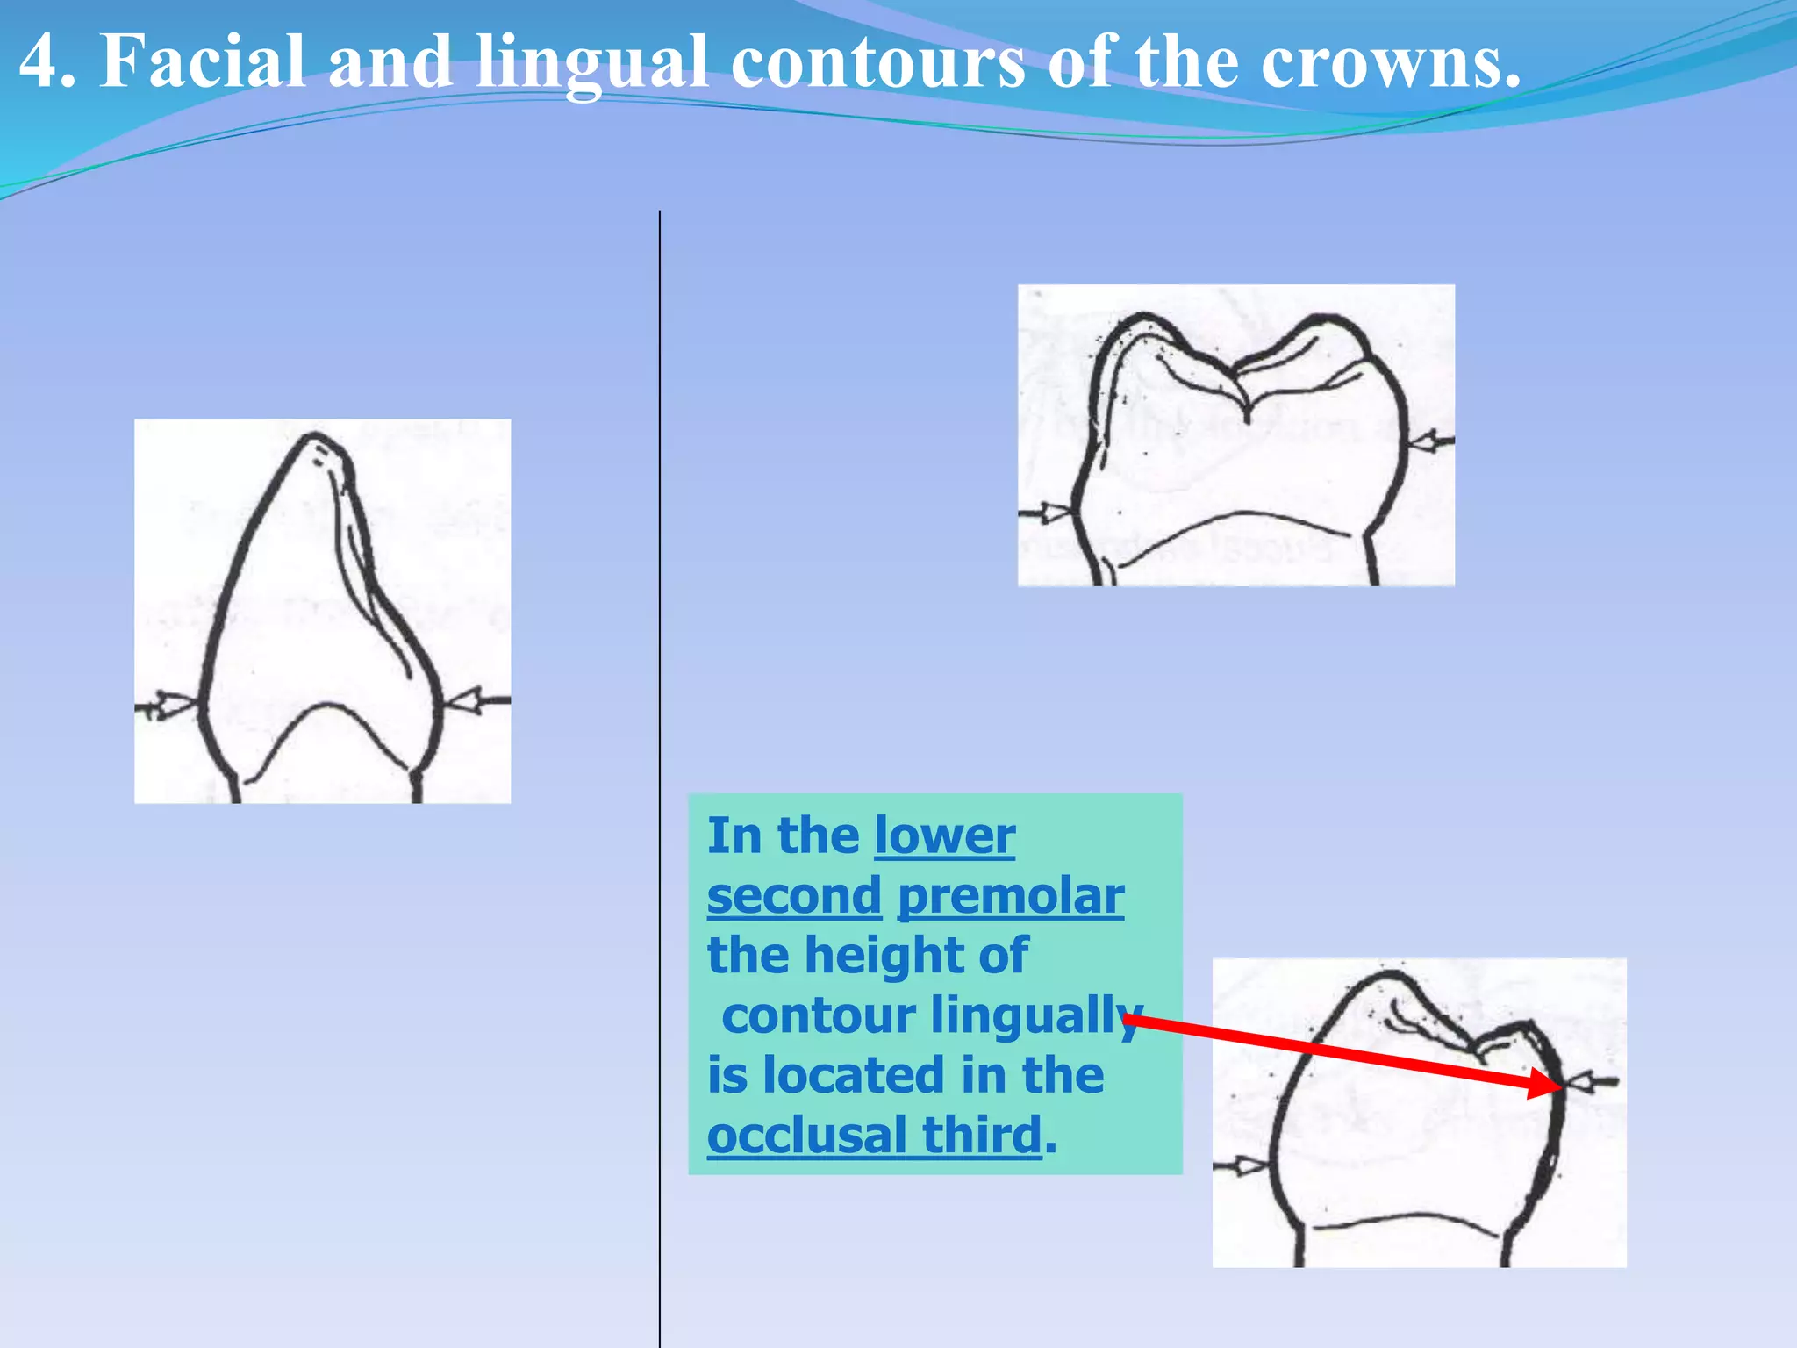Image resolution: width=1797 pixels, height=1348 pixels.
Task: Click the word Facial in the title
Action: [x=203, y=61]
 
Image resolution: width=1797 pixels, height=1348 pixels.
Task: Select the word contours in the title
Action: [x=877, y=61]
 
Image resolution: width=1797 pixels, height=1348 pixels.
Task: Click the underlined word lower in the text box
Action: [x=945, y=835]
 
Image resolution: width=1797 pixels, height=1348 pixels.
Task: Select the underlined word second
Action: [x=794, y=896]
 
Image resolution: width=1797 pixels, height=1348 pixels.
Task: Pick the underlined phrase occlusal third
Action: [x=875, y=1136]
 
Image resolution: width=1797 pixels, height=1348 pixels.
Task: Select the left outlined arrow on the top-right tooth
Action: [x=1048, y=513]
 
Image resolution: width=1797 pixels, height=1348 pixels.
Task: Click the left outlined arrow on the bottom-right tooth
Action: [x=1247, y=1166]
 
